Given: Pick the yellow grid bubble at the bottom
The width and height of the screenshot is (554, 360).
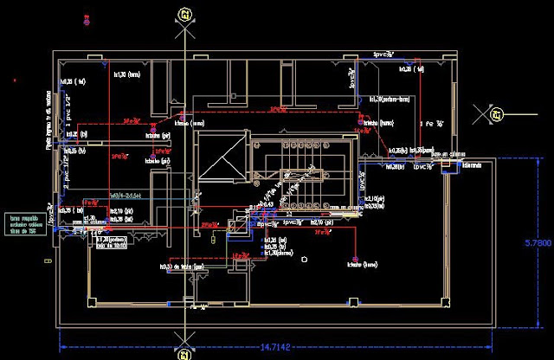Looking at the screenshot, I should point(183,353).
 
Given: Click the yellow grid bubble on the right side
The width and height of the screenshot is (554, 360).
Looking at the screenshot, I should point(496,112).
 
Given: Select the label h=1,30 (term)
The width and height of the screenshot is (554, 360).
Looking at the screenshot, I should point(126,75).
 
